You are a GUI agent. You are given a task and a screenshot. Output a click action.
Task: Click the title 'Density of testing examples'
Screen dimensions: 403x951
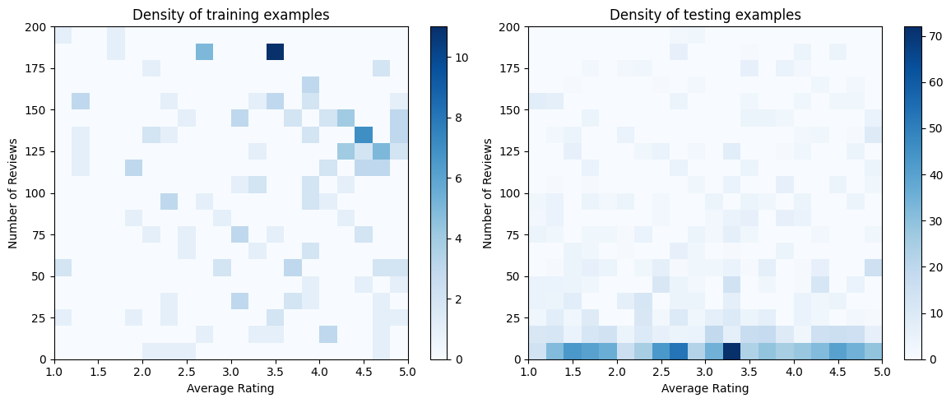704,14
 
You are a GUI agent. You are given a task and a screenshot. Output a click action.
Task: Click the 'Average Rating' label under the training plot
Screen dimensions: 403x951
230,388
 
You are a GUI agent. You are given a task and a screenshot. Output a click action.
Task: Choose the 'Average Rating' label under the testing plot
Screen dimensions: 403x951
704,388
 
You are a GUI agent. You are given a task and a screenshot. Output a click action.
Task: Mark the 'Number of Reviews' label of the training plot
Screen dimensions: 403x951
12,193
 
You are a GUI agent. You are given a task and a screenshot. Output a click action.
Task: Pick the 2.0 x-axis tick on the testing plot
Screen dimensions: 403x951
616,373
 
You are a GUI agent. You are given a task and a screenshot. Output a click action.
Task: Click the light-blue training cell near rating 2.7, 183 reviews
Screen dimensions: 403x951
205,52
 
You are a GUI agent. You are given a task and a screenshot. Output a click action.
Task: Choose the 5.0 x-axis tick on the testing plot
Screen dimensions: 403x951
881,373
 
